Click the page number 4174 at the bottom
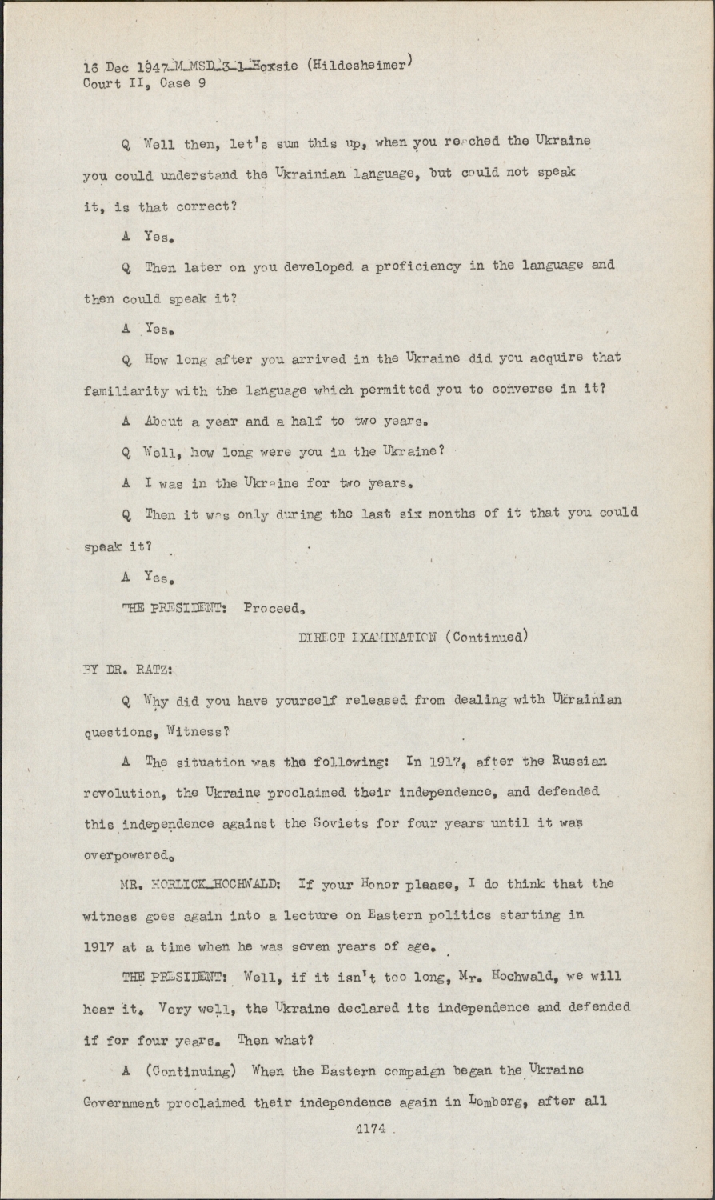(369, 1129)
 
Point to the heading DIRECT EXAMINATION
(367, 638)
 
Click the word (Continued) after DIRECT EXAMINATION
(486, 638)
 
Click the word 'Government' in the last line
(122, 1102)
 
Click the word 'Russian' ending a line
(578, 761)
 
